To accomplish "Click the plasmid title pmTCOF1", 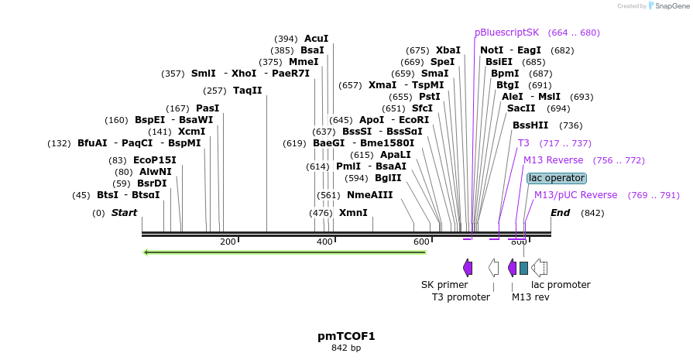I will point(346,336).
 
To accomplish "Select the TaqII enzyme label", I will point(248,91).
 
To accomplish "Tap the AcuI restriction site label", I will point(316,38).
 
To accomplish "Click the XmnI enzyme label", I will point(353,212).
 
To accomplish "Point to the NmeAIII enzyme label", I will point(369,195).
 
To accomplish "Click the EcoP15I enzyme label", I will point(155,160).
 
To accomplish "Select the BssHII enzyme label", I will point(530,125).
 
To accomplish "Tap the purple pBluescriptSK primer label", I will point(506,33).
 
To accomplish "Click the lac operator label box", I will point(556,178).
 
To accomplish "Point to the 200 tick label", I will point(228,242).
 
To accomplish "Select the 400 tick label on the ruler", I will point(325,242).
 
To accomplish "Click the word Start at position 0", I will point(124,212).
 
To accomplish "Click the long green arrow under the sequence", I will point(285,252).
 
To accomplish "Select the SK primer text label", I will point(444,285).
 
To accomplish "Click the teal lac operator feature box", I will point(523,268).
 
